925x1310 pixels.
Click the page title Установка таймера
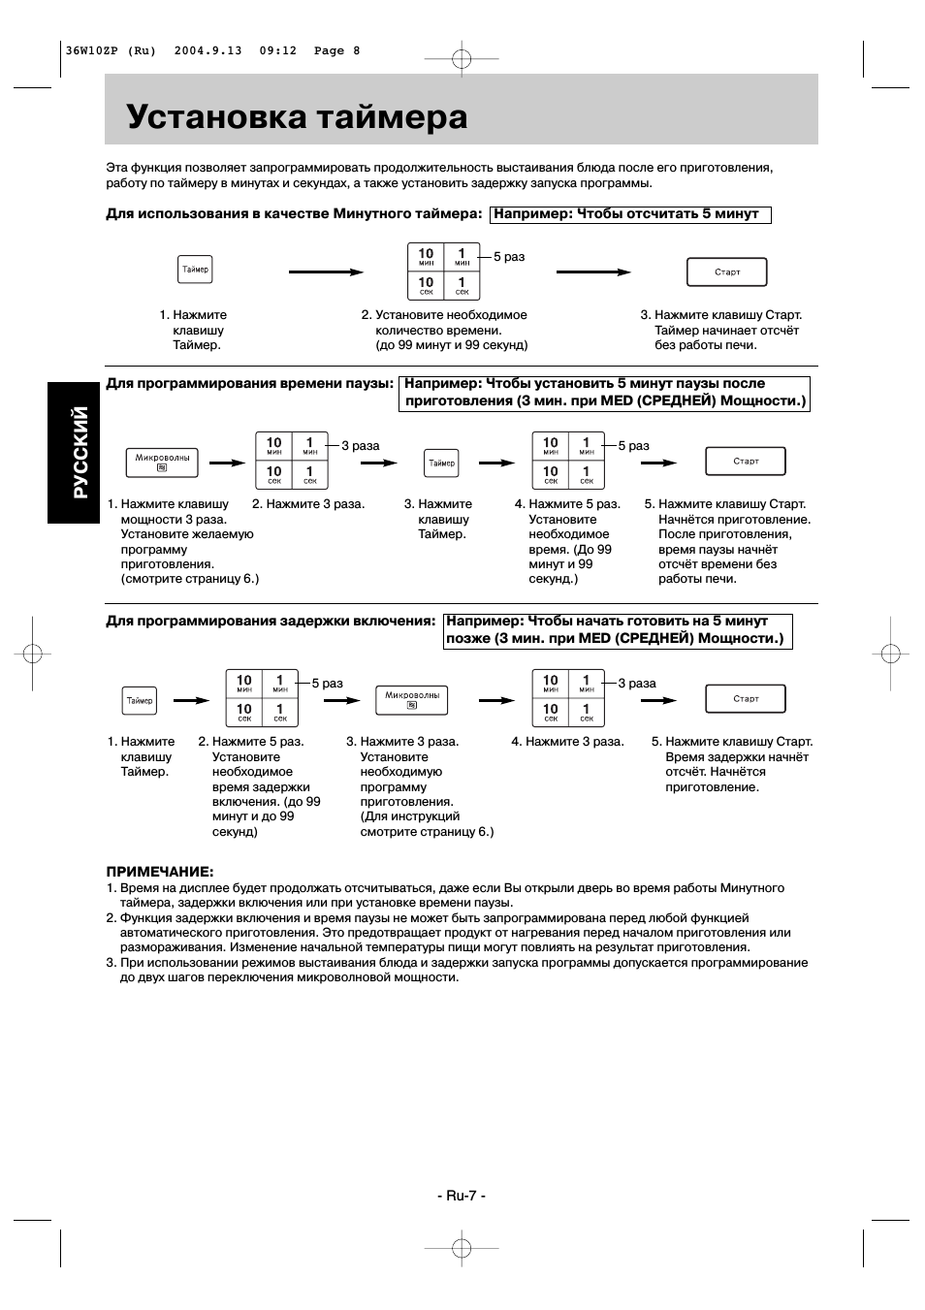(297, 117)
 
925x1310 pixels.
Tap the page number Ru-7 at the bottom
(461, 1195)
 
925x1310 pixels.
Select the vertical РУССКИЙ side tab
(74, 452)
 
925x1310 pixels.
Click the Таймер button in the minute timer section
(195, 270)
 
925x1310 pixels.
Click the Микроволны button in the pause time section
(162, 463)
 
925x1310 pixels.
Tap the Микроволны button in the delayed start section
(412, 699)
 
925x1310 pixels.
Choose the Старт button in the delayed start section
(746, 699)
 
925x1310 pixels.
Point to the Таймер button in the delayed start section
(140, 700)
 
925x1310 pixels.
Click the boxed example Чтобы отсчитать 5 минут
(630, 214)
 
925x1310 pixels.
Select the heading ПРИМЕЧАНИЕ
(160, 872)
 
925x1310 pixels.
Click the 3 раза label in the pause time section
(360, 446)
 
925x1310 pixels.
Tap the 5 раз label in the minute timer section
(509, 257)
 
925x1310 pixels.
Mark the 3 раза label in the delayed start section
(637, 684)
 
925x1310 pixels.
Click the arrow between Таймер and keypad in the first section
(326, 272)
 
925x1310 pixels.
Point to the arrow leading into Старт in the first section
(593, 272)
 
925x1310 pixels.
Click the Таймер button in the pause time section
(441, 463)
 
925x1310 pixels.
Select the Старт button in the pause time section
(746, 462)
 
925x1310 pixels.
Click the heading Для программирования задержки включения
(271, 621)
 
